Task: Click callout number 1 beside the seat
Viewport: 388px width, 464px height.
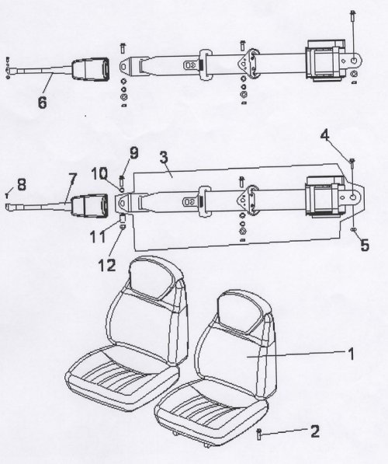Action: click(x=351, y=354)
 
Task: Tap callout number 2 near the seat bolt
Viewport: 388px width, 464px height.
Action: click(x=315, y=431)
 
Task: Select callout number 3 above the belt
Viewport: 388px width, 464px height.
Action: click(x=164, y=158)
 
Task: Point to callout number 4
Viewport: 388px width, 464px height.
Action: click(x=325, y=136)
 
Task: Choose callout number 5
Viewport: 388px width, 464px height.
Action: click(x=365, y=246)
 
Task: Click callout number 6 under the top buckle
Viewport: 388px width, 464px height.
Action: click(x=42, y=102)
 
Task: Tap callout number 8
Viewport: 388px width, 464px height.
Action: click(x=22, y=185)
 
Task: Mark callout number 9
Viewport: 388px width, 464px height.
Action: click(x=134, y=153)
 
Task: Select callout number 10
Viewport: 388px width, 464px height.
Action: click(x=99, y=173)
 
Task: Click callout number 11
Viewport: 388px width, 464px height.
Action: click(x=98, y=237)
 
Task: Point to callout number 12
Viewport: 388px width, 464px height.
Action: click(x=106, y=265)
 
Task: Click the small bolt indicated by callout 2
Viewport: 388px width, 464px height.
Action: click(x=259, y=434)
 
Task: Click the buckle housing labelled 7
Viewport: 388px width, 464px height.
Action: click(x=88, y=204)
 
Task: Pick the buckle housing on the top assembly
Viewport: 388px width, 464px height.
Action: click(x=90, y=68)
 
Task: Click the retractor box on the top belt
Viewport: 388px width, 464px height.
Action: click(x=326, y=61)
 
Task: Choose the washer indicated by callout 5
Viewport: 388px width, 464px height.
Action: click(x=353, y=229)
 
